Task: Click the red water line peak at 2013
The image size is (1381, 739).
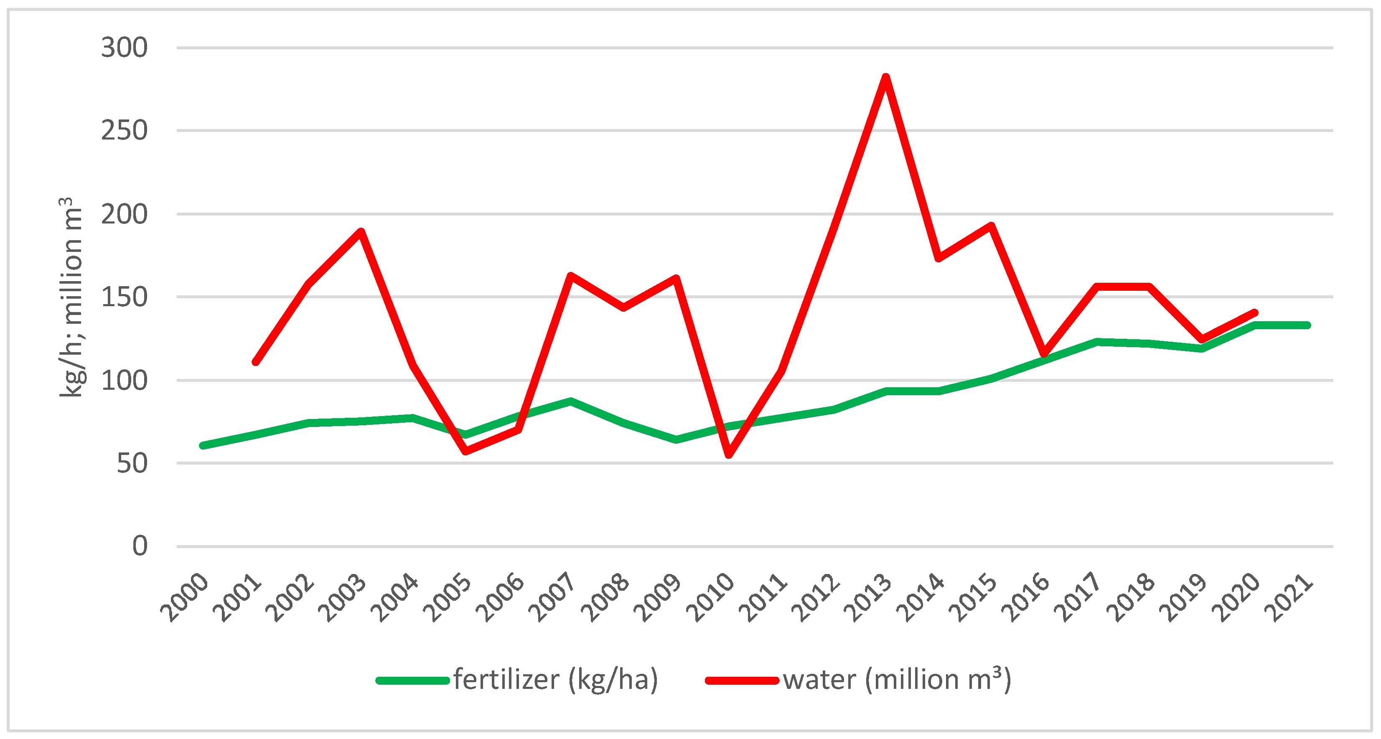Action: click(886, 78)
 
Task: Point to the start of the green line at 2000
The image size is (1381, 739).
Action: click(203, 445)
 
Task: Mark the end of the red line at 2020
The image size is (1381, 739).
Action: click(1254, 313)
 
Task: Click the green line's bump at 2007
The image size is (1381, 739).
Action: click(571, 401)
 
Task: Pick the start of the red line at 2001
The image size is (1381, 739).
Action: click(256, 362)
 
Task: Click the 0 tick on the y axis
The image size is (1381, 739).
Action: click(140, 546)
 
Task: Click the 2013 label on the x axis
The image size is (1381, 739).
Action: click(867, 597)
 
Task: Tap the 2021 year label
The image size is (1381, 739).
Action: click(1288, 597)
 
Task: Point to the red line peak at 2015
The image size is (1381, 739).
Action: click(991, 226)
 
